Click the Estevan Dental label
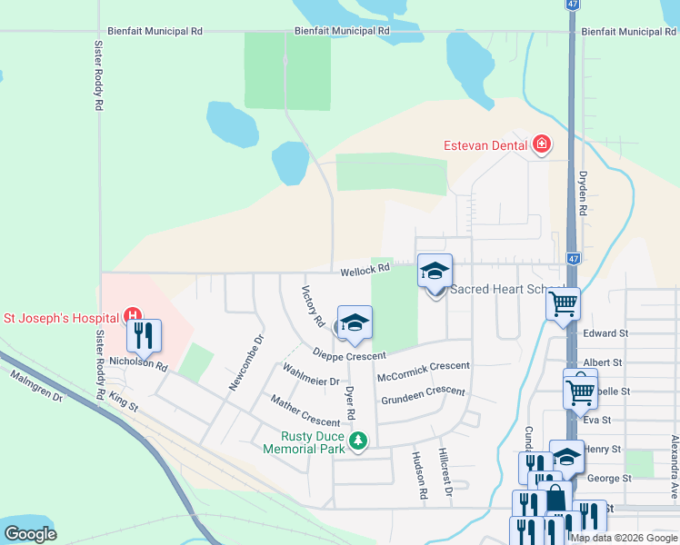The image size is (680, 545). [485, 145]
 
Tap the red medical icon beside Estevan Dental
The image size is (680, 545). [542, 144]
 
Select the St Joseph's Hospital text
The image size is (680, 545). [61, 318]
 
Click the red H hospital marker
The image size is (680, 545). [133, 317]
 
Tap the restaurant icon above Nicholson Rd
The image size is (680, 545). [144, 335]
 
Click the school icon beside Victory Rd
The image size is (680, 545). [355, 322]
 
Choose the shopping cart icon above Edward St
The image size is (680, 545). [563, 303]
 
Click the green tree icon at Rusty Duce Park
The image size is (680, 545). [359, 441]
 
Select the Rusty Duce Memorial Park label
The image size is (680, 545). [305, 441]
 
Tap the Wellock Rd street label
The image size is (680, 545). [365, 269]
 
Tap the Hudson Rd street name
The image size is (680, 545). [420, 476]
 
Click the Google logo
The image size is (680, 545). [31, 533]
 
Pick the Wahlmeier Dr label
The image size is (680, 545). [311, 375]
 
